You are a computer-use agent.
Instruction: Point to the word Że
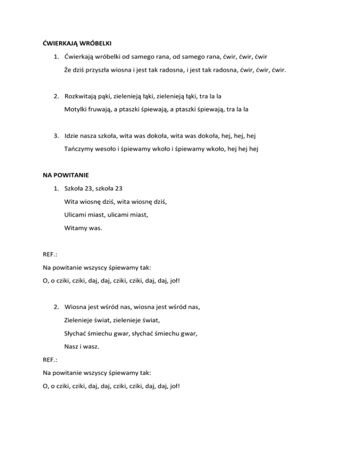point(68,71)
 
